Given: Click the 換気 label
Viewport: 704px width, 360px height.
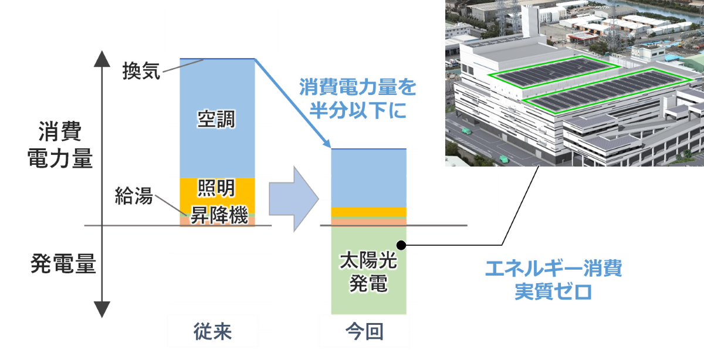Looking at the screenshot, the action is point(141,71).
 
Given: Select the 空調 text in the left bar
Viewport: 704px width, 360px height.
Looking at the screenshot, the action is point(216,119).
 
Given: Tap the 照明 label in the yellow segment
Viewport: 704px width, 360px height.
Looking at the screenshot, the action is point(216,188).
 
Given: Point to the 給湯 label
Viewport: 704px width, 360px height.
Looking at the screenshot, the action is point(134,195).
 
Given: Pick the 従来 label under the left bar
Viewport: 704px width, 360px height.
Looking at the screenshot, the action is point(212,331).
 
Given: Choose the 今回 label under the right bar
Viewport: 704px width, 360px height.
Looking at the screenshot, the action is point(364,331).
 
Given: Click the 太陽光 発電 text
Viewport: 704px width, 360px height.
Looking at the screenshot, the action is point(368,271).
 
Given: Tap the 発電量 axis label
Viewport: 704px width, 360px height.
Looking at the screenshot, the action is point(63,263).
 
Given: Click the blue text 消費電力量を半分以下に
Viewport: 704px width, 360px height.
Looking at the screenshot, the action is point(358,99).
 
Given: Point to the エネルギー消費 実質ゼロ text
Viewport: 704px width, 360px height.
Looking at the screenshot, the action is point(553,280).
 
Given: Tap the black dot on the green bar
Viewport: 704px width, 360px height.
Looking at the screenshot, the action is point(401,245).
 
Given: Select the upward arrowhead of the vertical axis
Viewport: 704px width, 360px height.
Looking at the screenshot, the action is point(102,59).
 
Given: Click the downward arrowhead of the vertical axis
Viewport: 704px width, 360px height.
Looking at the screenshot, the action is point(102,310).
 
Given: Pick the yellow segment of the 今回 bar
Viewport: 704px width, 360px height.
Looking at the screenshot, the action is point(368,212).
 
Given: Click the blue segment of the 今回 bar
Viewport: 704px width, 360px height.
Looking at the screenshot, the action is point(368,178).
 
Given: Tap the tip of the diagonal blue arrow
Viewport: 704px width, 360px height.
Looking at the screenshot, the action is point(331,148).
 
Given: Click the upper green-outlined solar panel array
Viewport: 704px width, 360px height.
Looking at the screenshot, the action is point(554,72).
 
